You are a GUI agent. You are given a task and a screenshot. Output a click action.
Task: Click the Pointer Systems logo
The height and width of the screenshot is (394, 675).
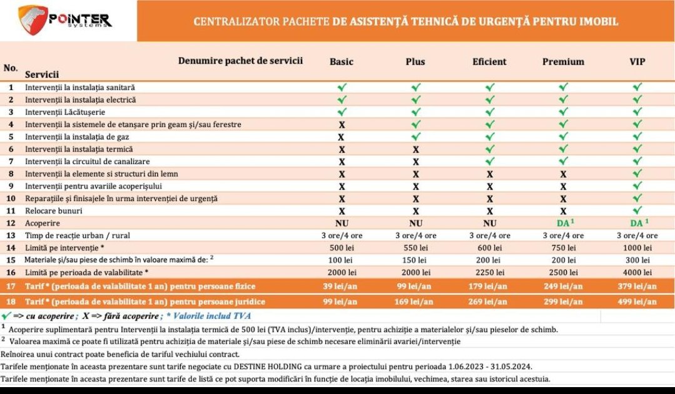[x=66, y=20]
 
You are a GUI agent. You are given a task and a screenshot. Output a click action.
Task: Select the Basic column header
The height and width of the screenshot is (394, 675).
[x=342, y=61]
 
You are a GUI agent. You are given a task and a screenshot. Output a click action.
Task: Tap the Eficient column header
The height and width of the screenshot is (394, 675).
[x=489, y=61]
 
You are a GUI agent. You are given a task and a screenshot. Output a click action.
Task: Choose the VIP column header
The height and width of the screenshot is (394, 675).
[x=637, y=61]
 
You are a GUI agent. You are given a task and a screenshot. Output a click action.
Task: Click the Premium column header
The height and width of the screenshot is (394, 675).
[x=563, y=61]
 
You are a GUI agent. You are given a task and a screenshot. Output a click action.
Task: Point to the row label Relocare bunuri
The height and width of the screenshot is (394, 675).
[x=53, y=211]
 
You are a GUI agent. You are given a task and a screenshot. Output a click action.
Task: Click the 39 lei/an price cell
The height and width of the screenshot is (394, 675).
[x=342, y=286]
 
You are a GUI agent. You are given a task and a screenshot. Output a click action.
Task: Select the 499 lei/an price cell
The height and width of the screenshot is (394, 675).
[x=637, y=301]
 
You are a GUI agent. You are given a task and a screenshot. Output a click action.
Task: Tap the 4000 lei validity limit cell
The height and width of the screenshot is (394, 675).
[x=637, y=272]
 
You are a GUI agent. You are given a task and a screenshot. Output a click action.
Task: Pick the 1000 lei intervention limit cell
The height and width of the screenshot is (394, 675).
[x=637, y=247]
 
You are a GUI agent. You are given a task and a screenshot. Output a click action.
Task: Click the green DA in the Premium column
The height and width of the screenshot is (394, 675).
[x=562, y=223]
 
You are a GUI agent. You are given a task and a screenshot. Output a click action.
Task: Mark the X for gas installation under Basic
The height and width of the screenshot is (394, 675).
[x=342, y=137]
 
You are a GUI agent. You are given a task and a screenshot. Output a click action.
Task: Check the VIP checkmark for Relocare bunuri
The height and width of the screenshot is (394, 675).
[x=637, y=211]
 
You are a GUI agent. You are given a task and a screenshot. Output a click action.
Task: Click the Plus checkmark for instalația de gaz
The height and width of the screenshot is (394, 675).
[x=415, y=137]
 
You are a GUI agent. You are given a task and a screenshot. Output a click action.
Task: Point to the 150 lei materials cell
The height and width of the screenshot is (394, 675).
[x=415, y=260]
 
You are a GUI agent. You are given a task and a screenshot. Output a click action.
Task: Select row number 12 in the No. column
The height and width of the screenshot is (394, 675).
[x=11, y=223]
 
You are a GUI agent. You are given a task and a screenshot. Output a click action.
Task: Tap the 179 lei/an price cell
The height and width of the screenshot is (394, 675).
[x=489, y=286]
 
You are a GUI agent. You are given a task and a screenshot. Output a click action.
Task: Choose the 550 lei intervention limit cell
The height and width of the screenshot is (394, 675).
[x=415, y=247]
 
